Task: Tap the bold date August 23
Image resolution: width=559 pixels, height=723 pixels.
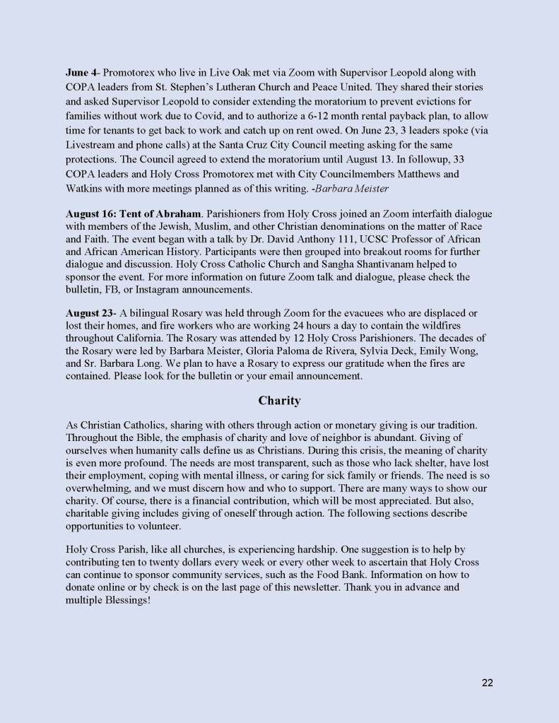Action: coord(88,313)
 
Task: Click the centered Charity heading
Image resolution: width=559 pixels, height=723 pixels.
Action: coord(279,401)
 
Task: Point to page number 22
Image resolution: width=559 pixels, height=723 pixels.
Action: coord(487,682)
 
